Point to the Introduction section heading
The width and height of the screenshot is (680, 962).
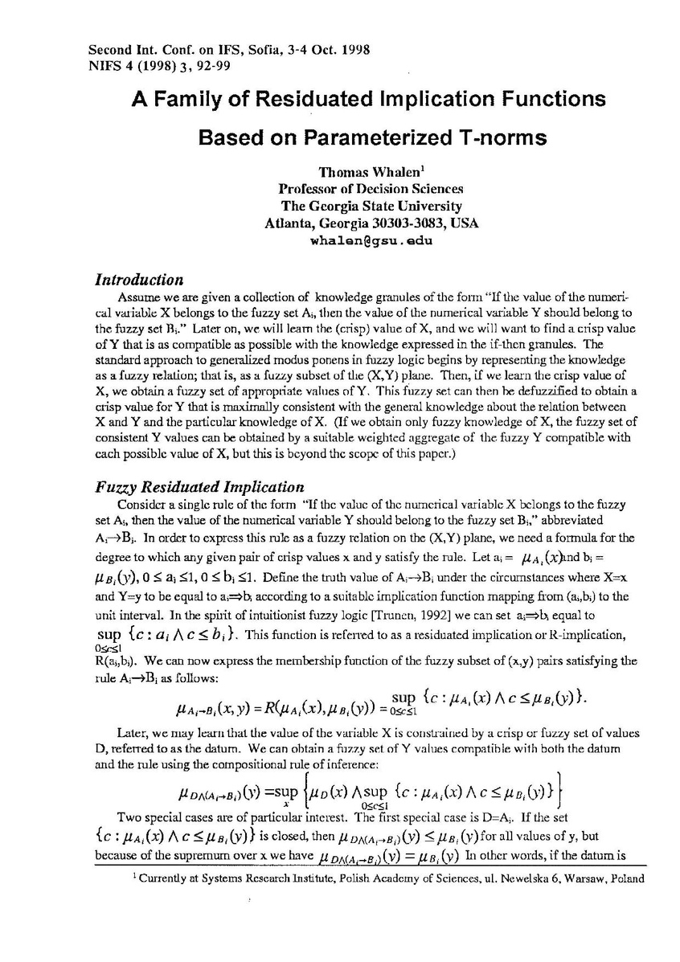[139, 280]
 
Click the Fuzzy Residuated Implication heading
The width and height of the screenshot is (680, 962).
[199, 487]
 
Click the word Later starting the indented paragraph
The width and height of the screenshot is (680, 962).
[133, 733]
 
